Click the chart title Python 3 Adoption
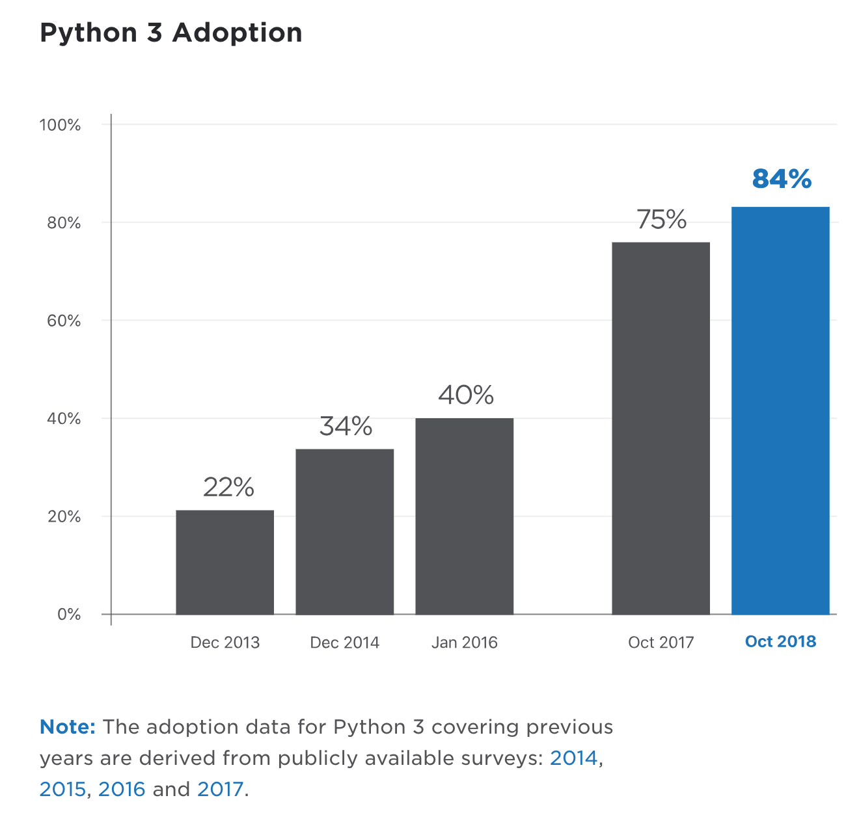[171, 33]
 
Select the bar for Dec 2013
[225, 562]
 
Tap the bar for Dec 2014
[344, 531]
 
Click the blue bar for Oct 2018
[780, 410]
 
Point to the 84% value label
[782, 179]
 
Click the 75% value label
[661, 220]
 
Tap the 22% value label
[228, 487]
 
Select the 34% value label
[346, 426]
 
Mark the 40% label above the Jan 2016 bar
[465, 395]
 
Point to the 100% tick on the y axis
[60, 125]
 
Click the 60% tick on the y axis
[64, 321]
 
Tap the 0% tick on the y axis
[69, 615]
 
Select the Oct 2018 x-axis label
[780, 642]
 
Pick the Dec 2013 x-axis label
[225, 643]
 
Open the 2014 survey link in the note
[573, 758]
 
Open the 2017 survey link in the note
[220, 790]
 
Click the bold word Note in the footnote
[67, 727]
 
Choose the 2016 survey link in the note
[122, 790]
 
